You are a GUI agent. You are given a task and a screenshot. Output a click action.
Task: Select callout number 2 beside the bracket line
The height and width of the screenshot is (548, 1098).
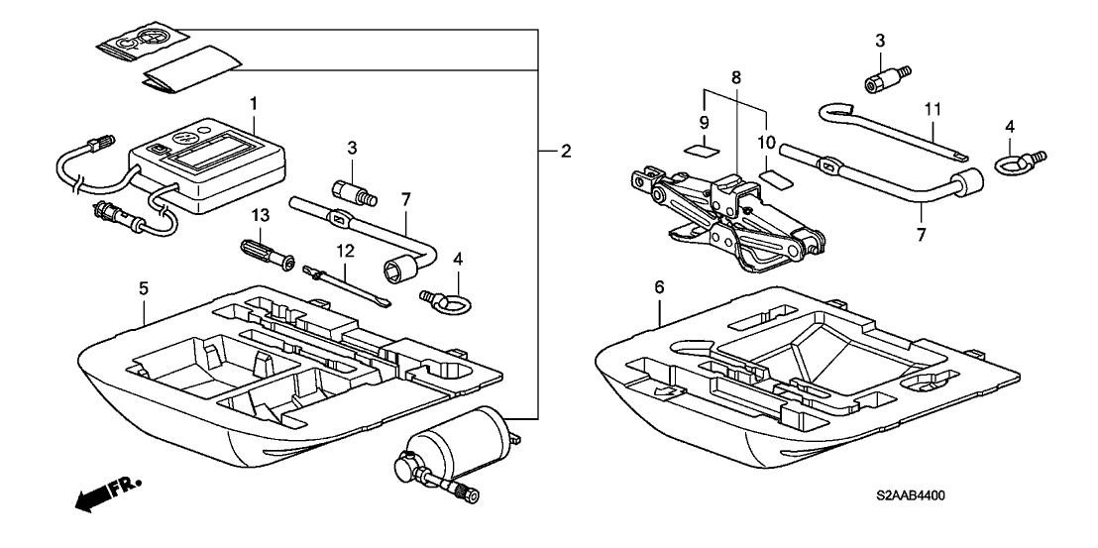565,152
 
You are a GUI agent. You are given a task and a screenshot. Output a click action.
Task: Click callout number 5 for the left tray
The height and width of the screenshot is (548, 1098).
144,289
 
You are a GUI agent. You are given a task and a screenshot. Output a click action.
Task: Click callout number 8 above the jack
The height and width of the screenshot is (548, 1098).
735,76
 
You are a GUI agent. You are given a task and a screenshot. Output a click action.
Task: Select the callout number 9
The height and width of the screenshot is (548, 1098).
705,125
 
